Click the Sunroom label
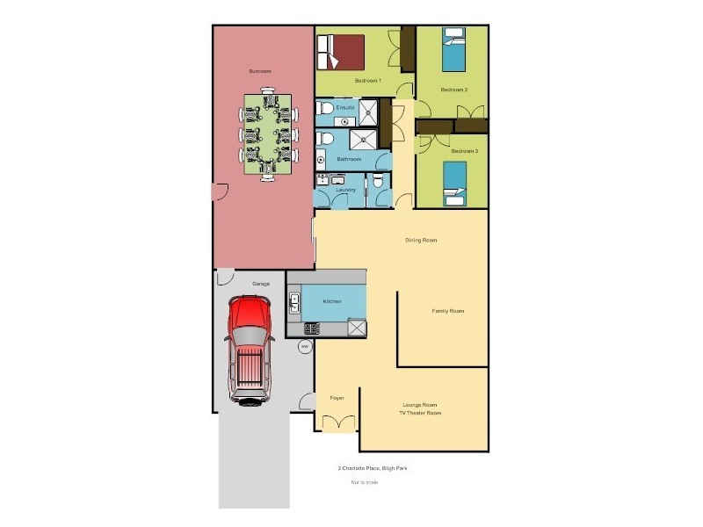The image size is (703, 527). (259, 70)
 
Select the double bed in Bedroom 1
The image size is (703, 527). (342, 51)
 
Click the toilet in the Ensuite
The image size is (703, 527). (324, 108)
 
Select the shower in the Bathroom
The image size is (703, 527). (363, 140)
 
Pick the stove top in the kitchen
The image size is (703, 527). (311, 329)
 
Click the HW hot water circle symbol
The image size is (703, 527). (305, 347)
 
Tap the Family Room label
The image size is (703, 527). (447, 311)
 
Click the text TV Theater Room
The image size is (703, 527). (420, 413)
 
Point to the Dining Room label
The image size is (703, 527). (421, 240)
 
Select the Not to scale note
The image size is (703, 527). (363, 482)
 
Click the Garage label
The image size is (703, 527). (261, 284)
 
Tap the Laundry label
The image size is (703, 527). (345, 191)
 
